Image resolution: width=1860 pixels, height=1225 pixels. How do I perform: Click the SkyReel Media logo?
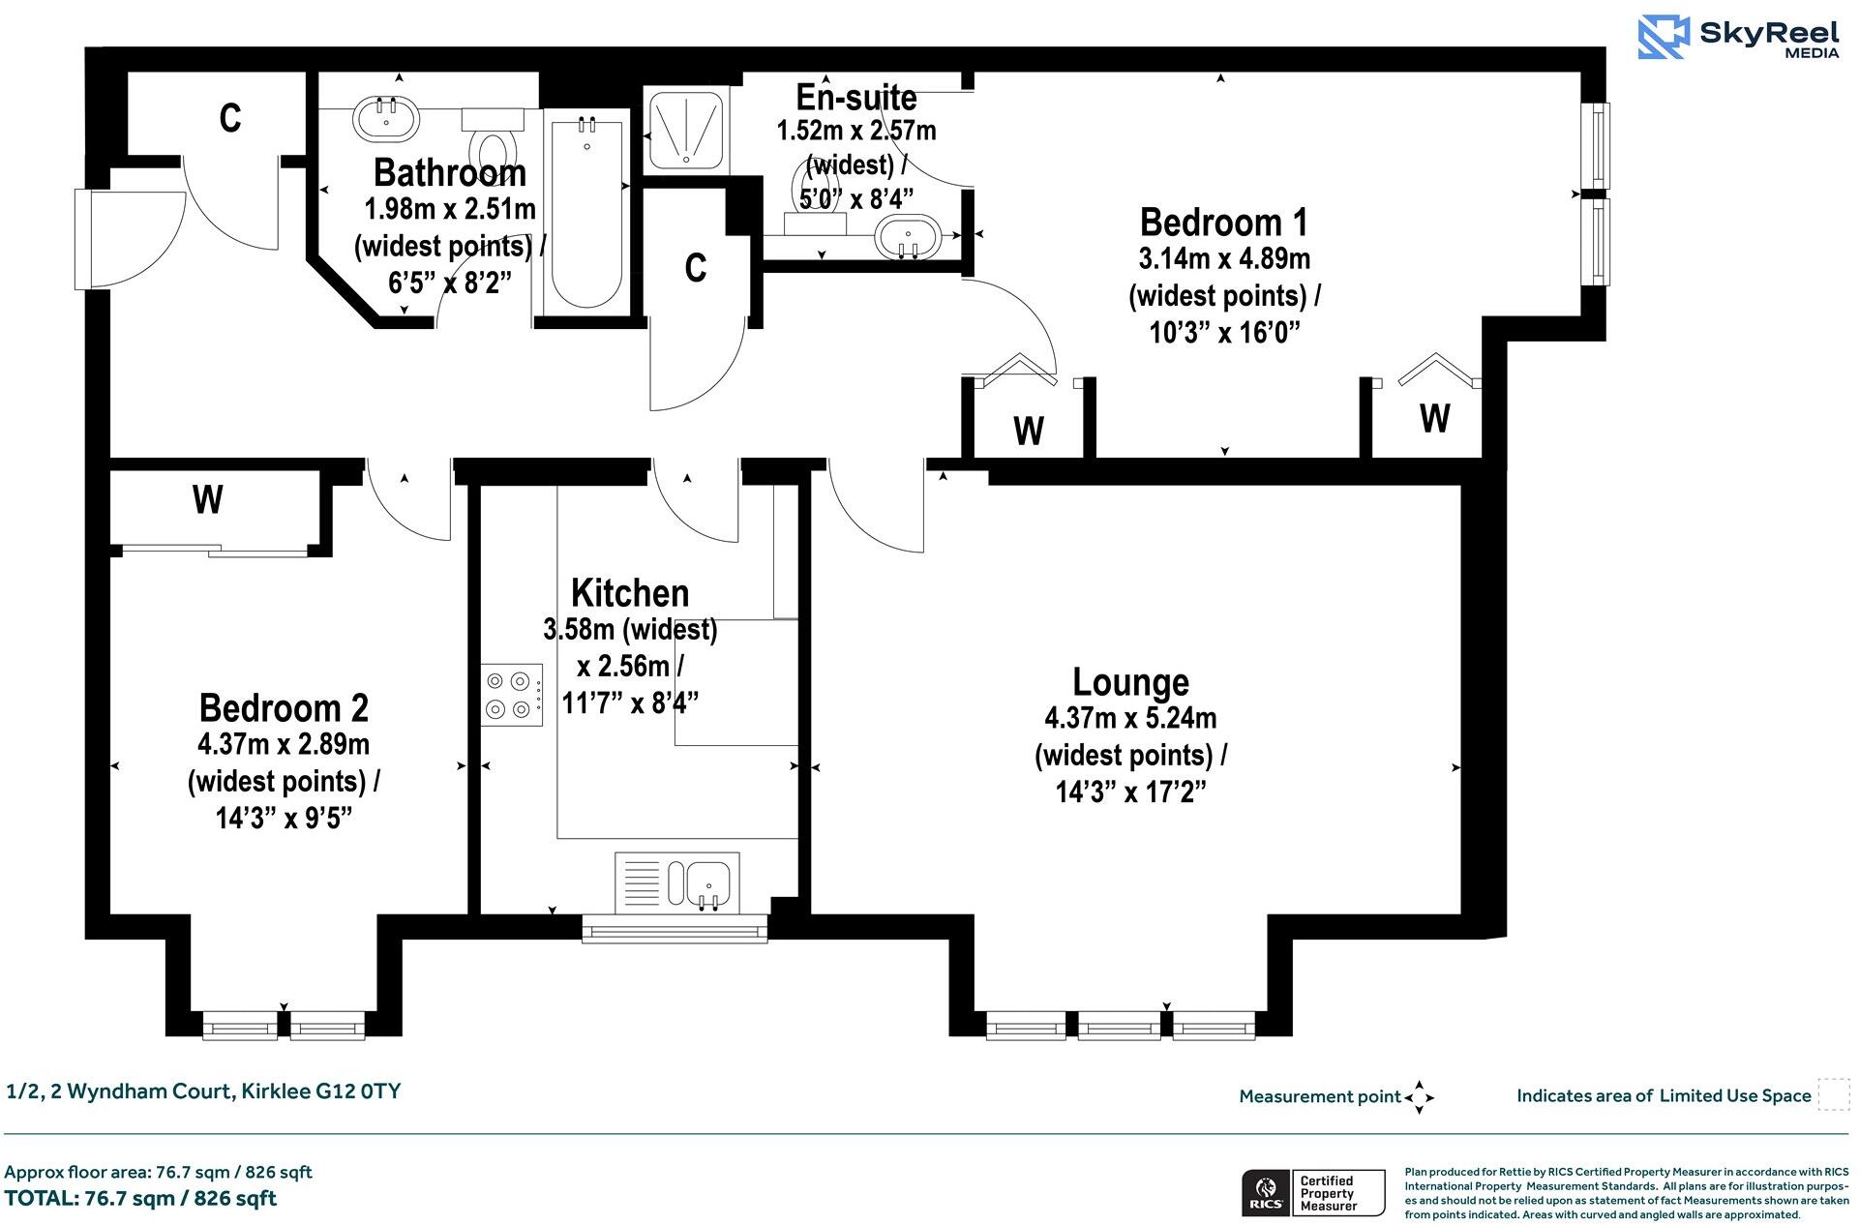click(1739, 38)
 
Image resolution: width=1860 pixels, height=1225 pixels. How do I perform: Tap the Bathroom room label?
click(450, 173)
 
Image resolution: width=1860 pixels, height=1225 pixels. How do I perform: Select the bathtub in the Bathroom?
click(585, 215)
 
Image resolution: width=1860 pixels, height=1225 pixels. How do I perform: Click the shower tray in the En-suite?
click(686, 129)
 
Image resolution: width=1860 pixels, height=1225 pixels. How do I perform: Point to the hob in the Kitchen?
click(512, 695)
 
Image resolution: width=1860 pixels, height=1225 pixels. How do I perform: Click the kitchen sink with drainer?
click(677, 882)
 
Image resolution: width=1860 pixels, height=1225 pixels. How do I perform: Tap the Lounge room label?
click(1130, 682)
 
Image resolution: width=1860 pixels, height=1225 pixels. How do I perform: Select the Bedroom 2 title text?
click(284, 708)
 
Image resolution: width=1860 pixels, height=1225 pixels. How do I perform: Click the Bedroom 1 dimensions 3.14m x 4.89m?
click(1224, 259)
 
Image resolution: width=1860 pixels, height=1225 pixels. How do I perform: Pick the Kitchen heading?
click(630, 593)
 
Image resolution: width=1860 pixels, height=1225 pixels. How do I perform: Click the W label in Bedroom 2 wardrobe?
click(208, 500)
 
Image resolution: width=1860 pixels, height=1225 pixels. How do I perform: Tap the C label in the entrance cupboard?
click(229, 118)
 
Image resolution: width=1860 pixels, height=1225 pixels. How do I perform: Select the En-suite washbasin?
click(907, 237)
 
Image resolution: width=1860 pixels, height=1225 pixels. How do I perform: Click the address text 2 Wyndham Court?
click(203, 1091)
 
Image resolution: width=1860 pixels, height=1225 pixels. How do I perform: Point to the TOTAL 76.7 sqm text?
click(140, 1198)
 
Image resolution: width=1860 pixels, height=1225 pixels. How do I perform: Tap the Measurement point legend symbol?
click(1419, 1097)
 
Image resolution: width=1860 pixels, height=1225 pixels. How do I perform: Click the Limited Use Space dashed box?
click(1833, 1094)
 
